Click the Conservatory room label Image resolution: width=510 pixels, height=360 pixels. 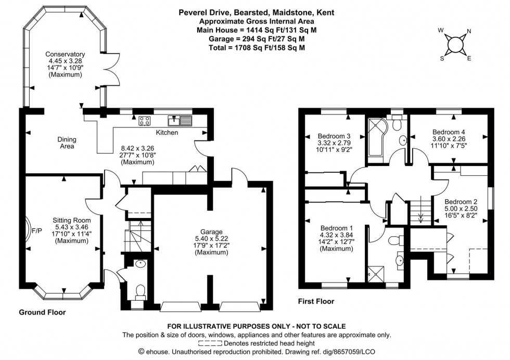[65, 54]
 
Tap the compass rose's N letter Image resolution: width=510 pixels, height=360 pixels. [468, 31]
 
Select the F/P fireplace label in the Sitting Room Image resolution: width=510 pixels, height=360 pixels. [37, 229]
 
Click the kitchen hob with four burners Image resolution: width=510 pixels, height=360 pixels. [145, 122]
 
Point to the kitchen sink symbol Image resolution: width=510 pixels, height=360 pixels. [184, 122]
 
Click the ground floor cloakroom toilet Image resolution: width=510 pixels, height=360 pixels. [139, 291]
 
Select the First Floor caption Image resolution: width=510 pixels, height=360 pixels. [316, 301]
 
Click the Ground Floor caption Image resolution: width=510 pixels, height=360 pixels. [42, 313]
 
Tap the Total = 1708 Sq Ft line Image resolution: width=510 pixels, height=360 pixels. [254, 47]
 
